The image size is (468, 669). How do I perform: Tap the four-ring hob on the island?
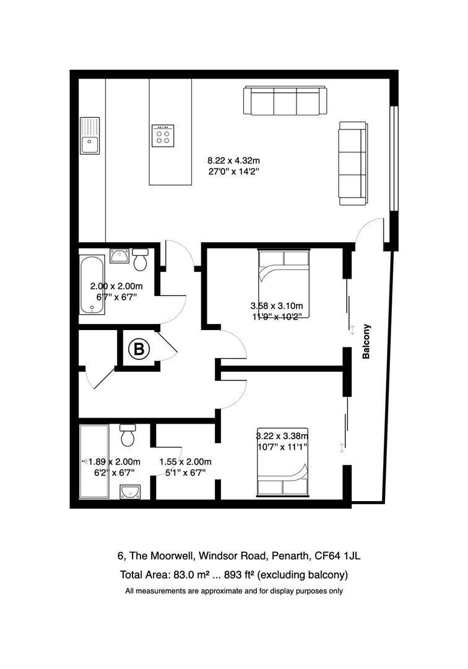(163, 134)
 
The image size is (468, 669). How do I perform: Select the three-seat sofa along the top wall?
(285, 100)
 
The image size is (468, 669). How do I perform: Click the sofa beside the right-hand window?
(352, 164)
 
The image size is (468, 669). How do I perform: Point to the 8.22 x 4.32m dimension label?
(233, 162)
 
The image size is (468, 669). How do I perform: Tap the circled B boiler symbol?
(139, 350)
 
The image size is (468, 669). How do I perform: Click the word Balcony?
(366, 342)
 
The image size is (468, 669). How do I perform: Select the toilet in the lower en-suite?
(129, 435)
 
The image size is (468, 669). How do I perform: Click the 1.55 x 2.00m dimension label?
(185, 461)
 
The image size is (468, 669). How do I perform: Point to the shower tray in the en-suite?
(93, 461)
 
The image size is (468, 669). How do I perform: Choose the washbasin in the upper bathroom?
(119, 255)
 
